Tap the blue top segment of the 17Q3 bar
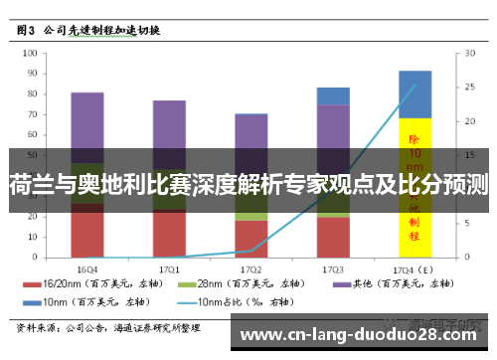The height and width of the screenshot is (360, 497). tap(333, 95)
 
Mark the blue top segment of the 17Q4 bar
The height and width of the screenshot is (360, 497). tap(414, 93)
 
